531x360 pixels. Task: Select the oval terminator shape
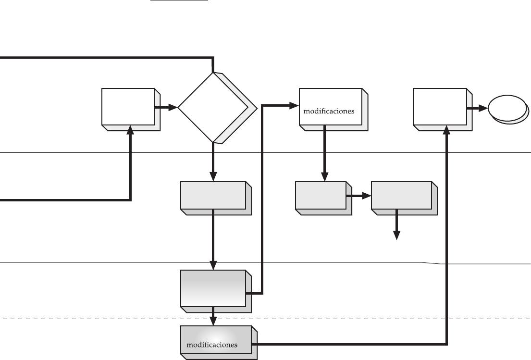pos(508,110)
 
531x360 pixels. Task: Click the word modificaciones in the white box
pos(329,111)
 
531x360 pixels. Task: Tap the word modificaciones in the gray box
pos(212,345)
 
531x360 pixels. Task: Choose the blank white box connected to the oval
pos(443,110)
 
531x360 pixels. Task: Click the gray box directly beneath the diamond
pos(216,198)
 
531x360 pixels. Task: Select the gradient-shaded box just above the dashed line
pos(216,291)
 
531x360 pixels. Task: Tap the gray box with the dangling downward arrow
pos(404,198)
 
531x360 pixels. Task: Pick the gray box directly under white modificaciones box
pos(323,198)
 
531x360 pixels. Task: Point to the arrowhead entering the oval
pos(483,108)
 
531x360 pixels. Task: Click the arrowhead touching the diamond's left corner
pos(173,108)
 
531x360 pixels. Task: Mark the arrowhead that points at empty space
pos(396,236)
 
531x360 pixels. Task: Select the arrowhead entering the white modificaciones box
pos(294,106)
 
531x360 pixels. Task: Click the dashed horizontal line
pos(265,319)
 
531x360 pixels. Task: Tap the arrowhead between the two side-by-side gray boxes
pos(367,196)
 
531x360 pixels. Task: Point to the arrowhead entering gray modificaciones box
pos(213,321)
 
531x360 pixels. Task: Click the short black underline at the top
pos(179,0)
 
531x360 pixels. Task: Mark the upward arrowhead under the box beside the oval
pos(447,130)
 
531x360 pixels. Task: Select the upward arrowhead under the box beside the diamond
pos(130,130)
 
